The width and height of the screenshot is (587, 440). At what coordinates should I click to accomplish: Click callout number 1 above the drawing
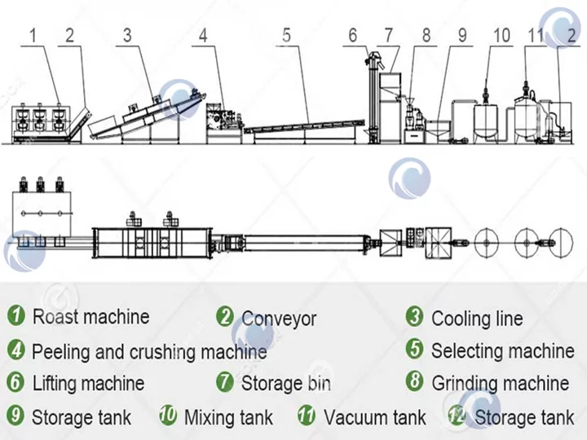(33, 35)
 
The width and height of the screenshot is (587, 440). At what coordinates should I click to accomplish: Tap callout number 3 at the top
(127, 35)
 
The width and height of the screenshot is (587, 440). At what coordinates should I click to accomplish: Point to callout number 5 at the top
(286, 35)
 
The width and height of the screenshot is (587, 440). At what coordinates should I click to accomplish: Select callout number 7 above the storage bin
(389, 35)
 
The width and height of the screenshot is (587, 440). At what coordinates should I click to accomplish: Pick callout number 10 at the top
(501, 35)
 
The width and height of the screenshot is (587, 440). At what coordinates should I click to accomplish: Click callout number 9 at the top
(461, 35)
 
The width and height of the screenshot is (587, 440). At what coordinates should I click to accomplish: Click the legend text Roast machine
(90, 317)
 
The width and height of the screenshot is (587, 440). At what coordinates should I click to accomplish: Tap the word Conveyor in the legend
(278, 319)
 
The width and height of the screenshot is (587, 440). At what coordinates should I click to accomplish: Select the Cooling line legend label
(477, 319)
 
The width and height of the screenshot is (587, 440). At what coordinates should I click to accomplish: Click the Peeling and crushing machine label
(149, 352)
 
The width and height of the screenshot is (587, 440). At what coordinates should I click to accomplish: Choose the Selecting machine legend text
(502, 351)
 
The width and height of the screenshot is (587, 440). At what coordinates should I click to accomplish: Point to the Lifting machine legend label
(88, 383)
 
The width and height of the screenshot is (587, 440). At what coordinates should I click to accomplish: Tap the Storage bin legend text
(285, 383)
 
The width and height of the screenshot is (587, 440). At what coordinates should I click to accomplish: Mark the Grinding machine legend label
(500, 383)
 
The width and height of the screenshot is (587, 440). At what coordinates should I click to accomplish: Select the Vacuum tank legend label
(374, 418)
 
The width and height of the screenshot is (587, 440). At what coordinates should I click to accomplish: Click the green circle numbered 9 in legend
(15, 417)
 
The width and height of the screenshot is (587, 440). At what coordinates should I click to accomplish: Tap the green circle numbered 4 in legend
(15, 351)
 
